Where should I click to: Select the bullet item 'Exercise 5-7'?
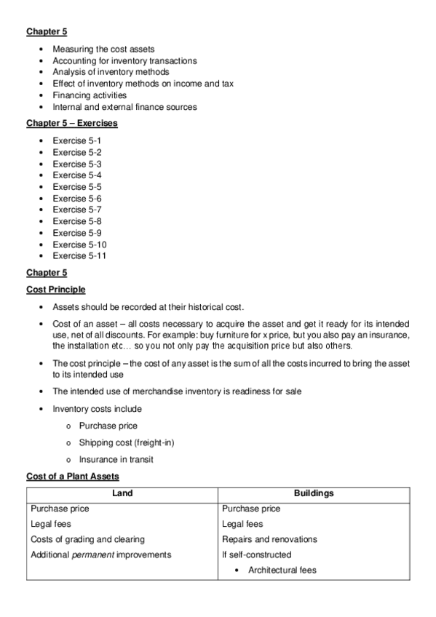click(x=76, y=210)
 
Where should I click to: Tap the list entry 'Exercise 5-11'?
click(x=79, y=256)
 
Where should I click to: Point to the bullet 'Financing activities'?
click(x=90, y=95)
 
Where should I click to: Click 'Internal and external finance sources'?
click(x=124, y=107)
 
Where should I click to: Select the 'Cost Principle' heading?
click(x=55, y=290)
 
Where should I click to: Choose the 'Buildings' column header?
click(x=313, y=493)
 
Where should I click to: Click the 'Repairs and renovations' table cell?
click(x=269, y=539)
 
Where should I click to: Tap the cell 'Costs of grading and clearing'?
click(x=87, y=539)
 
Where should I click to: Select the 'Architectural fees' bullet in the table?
click(x=282, y=570)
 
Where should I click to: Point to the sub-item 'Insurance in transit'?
click(x=116, y=459)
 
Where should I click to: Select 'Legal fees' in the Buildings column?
click(x=242, y=524)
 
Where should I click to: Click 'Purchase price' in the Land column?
click(x=60, y=509)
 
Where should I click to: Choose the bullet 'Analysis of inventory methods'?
click(x=111, y=72)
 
